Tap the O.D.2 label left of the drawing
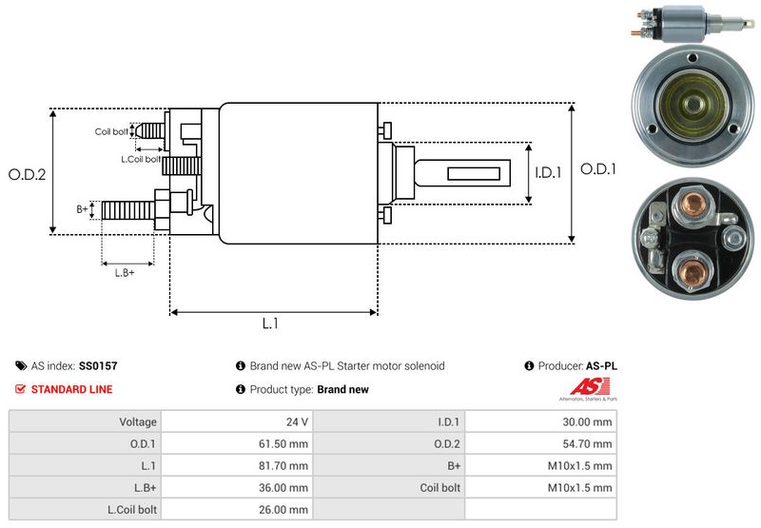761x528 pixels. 27,174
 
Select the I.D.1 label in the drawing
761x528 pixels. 549,172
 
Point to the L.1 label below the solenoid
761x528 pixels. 270,323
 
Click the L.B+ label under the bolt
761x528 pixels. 125,273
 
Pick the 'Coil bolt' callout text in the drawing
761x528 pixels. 110,131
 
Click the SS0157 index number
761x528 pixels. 99,365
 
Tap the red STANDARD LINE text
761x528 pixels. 71,389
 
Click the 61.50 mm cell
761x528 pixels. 285,443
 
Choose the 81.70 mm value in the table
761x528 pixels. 285,465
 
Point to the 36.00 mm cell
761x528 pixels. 285,487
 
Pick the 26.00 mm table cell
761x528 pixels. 285,509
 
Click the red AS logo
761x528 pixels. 581,387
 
